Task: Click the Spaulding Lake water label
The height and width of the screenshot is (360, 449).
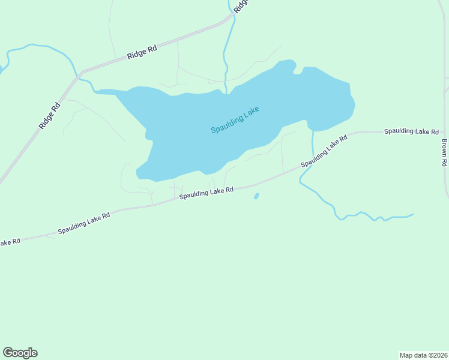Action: [x=235, y=121]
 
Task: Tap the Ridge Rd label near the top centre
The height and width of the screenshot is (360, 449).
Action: [x=142, y=52]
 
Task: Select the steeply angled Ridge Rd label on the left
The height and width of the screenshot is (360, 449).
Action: [x=49, y=116]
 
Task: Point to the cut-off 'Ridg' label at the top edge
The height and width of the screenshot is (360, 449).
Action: [x=241, y=6]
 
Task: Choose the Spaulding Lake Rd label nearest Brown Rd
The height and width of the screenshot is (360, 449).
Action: [x=412, y=131]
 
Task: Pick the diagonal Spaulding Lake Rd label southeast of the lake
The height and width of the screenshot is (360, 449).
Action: [x=324, y=151]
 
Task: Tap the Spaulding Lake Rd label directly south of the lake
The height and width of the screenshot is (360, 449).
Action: [x=206, y=192]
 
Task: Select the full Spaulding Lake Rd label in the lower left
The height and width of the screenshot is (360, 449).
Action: [x=84, y=223]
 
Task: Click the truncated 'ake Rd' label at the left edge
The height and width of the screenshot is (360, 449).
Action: [x=10, y=242]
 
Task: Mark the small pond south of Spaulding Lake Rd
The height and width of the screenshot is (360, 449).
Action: [x=256, y=196]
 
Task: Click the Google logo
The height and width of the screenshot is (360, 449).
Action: [x=20, y=353]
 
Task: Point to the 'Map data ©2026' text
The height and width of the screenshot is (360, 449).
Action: [x=423, y=355]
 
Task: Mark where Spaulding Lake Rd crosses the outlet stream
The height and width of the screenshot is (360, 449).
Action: [x=312, y=161]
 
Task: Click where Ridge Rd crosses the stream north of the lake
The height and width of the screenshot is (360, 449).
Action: [x=232, y=18]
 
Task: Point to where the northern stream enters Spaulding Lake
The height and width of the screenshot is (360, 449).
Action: [x=226, y=92]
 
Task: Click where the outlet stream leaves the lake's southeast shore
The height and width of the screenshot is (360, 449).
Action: [x=313, y=130]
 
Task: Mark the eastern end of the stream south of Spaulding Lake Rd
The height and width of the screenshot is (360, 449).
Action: [x=413, y=214]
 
